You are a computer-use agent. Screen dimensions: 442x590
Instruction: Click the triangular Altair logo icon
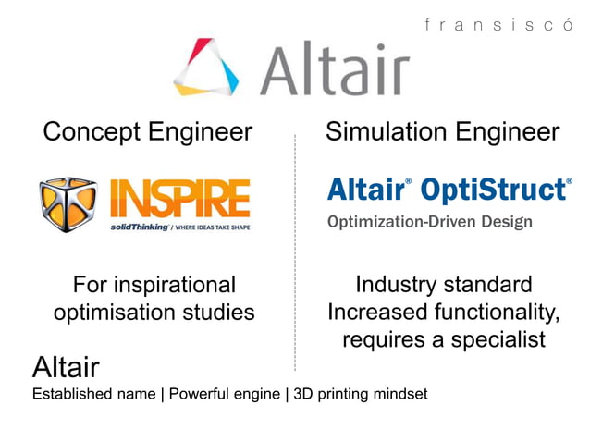[205, 67]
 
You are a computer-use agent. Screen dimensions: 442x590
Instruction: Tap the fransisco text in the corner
[499, 25]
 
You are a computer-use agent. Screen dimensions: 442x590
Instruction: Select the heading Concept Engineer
[148, 132]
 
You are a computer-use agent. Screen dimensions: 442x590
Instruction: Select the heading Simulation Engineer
[442, 132]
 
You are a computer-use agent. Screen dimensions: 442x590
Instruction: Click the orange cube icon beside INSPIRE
[68, 204]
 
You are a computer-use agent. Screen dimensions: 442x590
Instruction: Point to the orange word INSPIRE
[179, 199]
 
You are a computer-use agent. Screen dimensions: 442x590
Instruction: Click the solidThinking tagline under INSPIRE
[179, 227]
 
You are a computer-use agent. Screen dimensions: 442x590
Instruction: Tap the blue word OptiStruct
[495, 190]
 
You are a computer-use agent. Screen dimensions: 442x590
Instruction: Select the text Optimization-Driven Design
[429, 222]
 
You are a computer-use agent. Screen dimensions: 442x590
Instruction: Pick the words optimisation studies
[154, 313]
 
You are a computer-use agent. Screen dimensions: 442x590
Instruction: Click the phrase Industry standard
[443, 285]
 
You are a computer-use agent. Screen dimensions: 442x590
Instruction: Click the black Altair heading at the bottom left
[66, 367]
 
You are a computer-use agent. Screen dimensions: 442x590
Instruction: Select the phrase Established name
[93, 395]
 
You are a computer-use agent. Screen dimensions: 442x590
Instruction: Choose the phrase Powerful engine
[224, 395]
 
